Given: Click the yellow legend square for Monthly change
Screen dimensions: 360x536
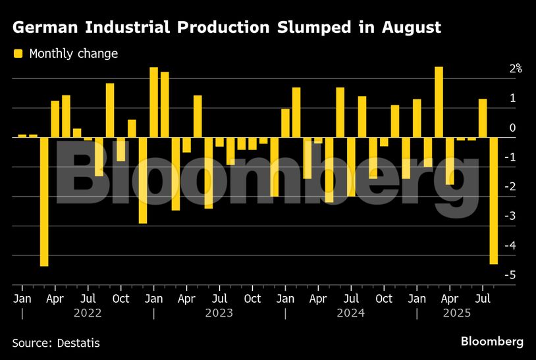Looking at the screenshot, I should pyautogui.click(x=18, y=53).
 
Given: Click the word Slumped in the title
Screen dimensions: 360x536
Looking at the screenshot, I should pyautogui.click(x=323, y=28).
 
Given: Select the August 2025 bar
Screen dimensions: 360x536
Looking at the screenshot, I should pyautogui.click(x=494, y=201).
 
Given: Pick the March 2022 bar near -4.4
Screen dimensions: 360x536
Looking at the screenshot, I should pyautogui.click(x=44, y=201).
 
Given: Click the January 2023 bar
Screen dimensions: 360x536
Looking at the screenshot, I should pyautogui.click(x=153, y=102).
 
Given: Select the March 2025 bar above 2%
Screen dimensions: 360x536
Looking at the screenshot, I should pyautogui.click(x=439, y=102).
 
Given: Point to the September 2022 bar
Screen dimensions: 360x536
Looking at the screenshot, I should pyautogui.click(x=110, y=110).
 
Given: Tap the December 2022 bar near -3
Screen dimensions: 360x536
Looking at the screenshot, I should pyautogui.click(x=142, y=180).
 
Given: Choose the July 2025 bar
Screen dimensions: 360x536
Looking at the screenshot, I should pyautogui.click(x=483, y=118).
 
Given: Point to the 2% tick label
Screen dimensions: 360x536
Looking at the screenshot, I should pyautogui.click(x=514, y=68).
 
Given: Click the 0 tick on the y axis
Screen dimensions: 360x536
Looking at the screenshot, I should pyautogui.click(x=513, y=128).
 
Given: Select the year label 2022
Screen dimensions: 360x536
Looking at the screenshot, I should pyautogui.click(x=87, y=313).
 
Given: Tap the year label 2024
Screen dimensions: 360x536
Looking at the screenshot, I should pyautogui.click(x=350, y=313).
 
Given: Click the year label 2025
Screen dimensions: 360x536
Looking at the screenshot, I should pyautogui.click(x=456, y=313).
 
